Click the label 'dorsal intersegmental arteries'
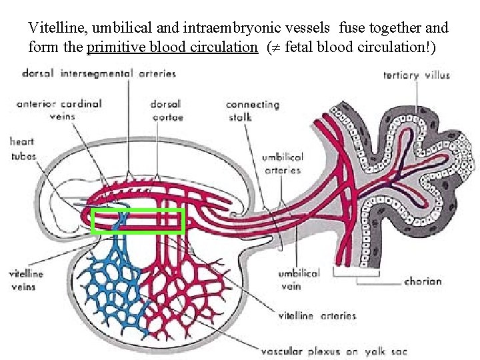99,73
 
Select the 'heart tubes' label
22,148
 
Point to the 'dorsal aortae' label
167,111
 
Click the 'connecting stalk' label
252,111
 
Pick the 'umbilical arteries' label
282,163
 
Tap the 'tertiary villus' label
416,75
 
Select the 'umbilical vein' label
299,279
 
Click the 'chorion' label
423,281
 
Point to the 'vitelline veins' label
26,280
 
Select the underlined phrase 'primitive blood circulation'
172,47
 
